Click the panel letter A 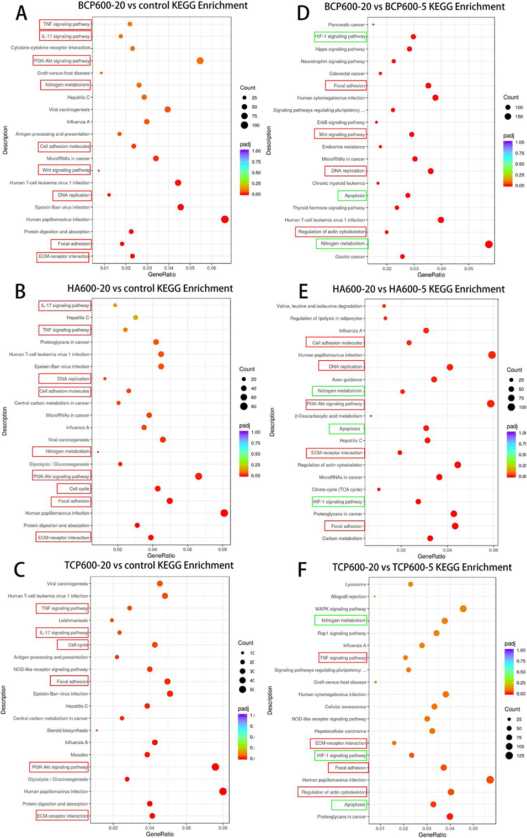coord(21,12)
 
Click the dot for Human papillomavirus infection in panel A coord(225,219)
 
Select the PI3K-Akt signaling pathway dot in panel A coord(200,61)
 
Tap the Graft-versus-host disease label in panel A coord(63,73)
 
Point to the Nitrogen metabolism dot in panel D coord(488,244)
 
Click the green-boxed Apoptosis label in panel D coord(354,195)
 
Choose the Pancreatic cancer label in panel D coord(346,25)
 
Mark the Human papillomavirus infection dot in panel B coord(224,513)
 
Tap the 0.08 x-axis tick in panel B coord(223,549)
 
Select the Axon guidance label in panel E coord(347,380)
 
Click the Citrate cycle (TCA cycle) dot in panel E coord(379,489)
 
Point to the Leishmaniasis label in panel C coord(73,621)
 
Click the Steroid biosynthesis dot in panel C coord(97,730)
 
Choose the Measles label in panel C coord(79,755)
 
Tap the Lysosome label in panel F coord(355,584)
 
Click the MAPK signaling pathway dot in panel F coord(463,609)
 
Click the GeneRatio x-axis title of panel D coord(431,275)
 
